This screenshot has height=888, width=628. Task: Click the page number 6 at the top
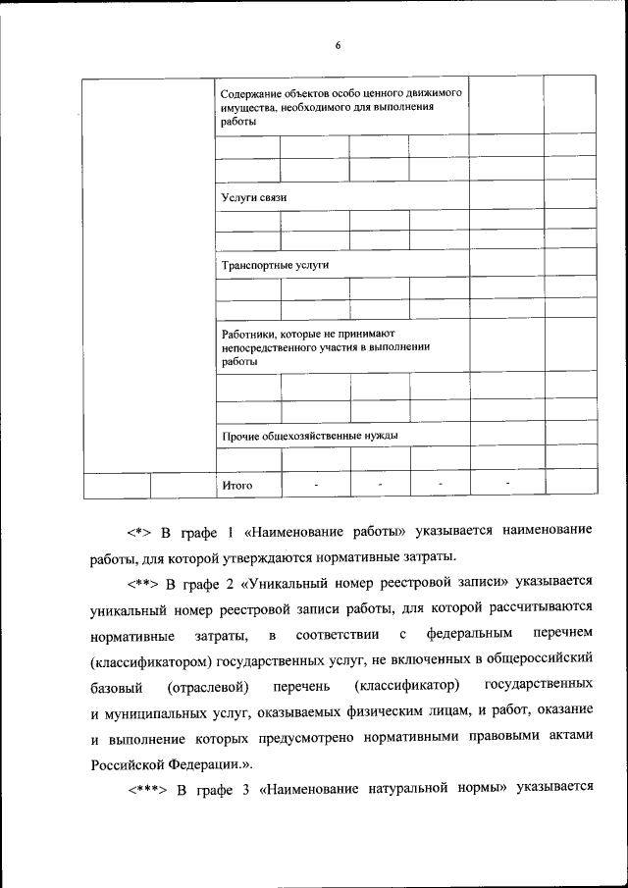click(x=337, y=46)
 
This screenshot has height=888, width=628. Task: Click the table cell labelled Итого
click(x=237, y=485)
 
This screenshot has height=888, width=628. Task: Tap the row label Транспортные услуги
click(x=275, y=265)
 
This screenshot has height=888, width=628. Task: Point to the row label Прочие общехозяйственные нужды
click(x=310, y=435)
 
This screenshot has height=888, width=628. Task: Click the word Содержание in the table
click(x=250, y=91)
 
